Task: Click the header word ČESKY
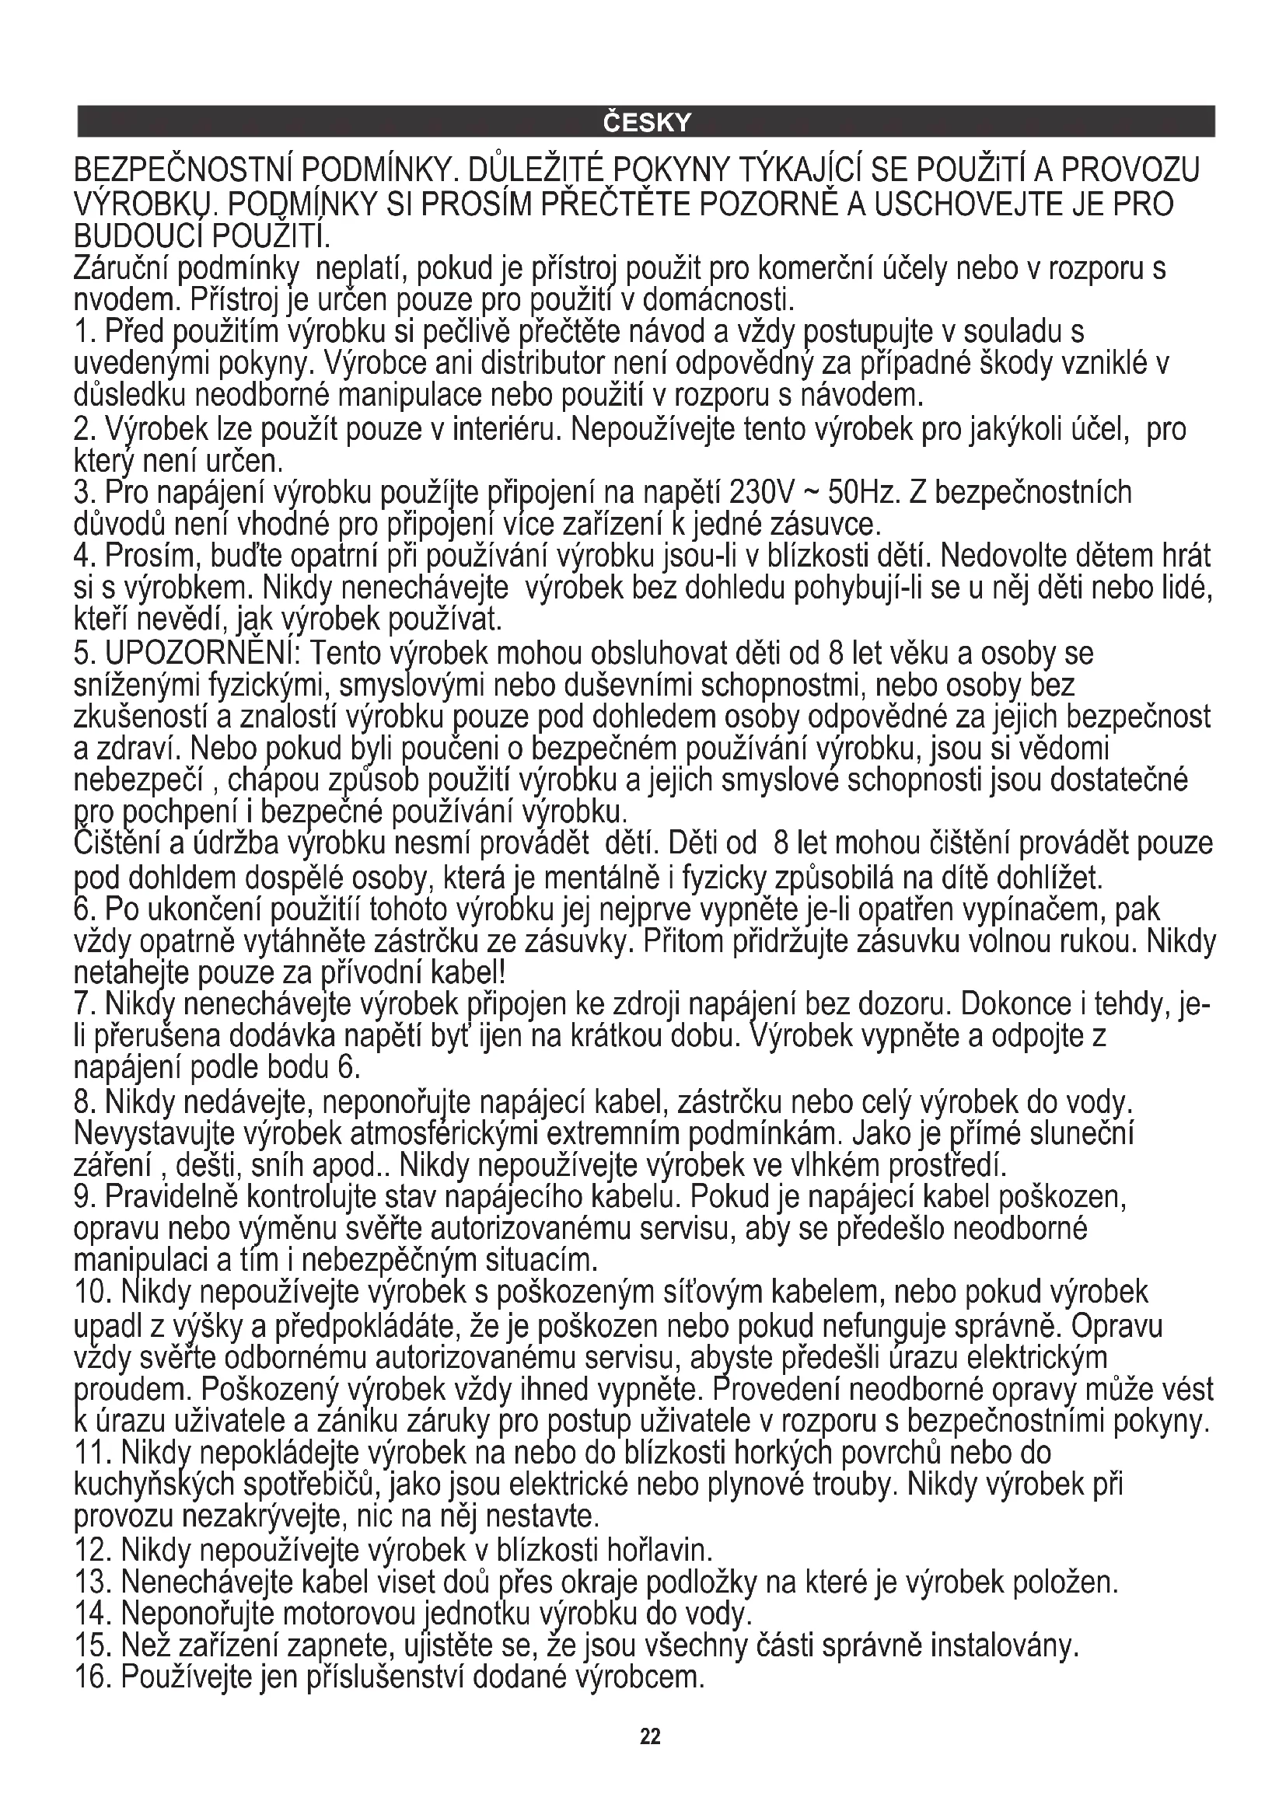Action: pyautogui.click(x=646, y=123)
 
